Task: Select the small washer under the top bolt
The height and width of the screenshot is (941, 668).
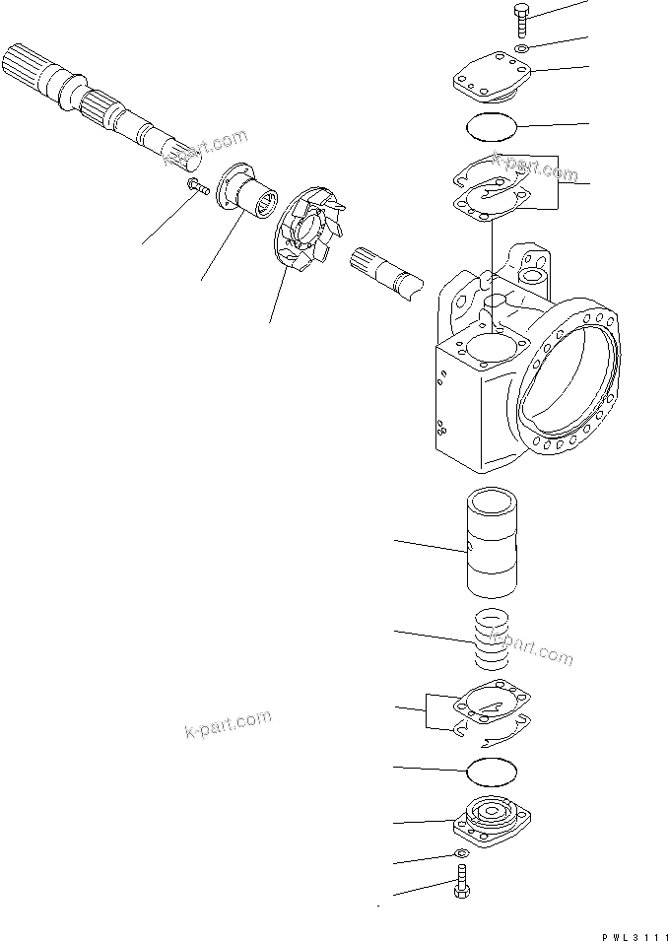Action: point(522,48)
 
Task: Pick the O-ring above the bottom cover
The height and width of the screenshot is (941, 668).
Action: point(490,769)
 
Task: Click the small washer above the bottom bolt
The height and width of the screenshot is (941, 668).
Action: point(460,853)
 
